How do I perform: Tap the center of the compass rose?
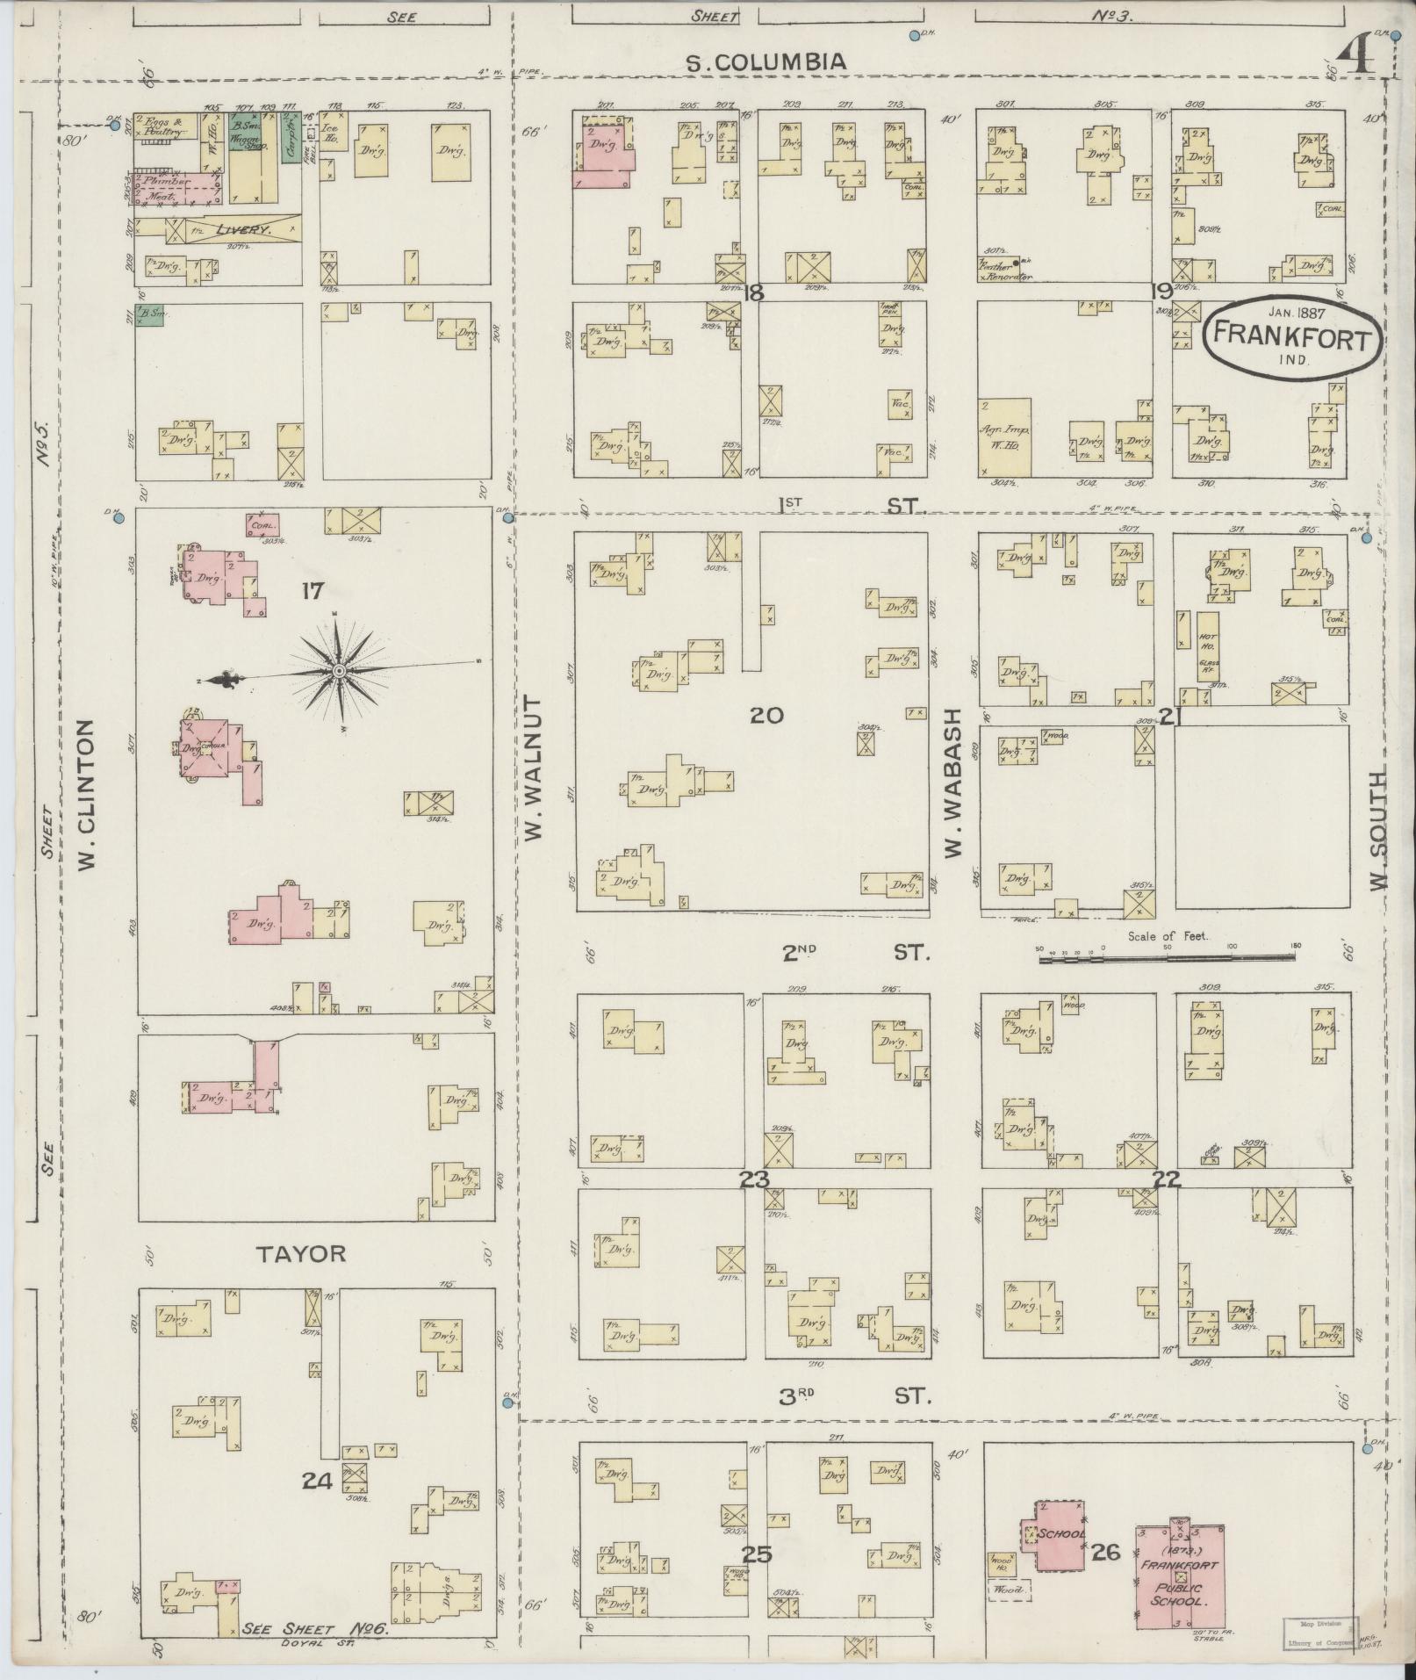coord(339,671)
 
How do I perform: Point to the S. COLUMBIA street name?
coord(766,61)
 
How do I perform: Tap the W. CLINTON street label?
coord(86,795)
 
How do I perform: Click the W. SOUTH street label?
coord(1376,826)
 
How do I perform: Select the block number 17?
coord(312,591)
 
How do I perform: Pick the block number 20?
coord(766,716)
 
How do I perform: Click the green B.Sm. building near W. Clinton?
coord(150,315)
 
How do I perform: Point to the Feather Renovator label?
coord(1003,270)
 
